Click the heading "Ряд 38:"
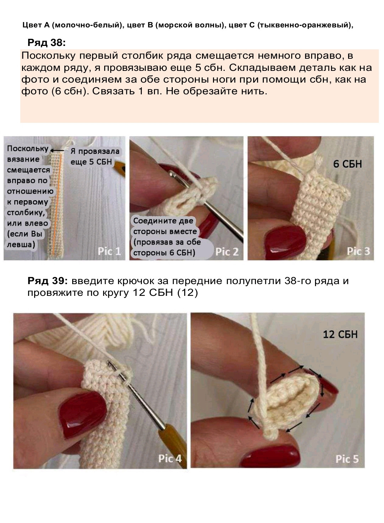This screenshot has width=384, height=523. click(47, 43)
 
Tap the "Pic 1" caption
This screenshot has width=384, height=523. click(109, 251)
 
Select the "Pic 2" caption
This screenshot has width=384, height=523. click(227, 252)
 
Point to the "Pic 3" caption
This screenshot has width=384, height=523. click(358, 251)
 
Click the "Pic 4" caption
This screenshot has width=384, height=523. click(170, 458)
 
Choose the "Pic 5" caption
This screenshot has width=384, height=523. click(347, 459)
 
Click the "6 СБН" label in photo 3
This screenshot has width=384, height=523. click(347, 164)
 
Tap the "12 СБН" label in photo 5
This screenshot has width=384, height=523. click(340, 335)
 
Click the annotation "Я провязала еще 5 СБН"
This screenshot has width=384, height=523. click(95, 157)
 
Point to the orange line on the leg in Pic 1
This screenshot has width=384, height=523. click(57, 205)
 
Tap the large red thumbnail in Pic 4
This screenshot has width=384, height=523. click(83, 415)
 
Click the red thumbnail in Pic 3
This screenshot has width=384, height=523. click(286, 243)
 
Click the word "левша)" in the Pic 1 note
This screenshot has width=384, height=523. click(21, 245)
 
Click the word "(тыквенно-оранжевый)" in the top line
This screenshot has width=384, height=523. click(305, 25)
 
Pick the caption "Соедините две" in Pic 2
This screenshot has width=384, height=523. click(163, 221)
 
